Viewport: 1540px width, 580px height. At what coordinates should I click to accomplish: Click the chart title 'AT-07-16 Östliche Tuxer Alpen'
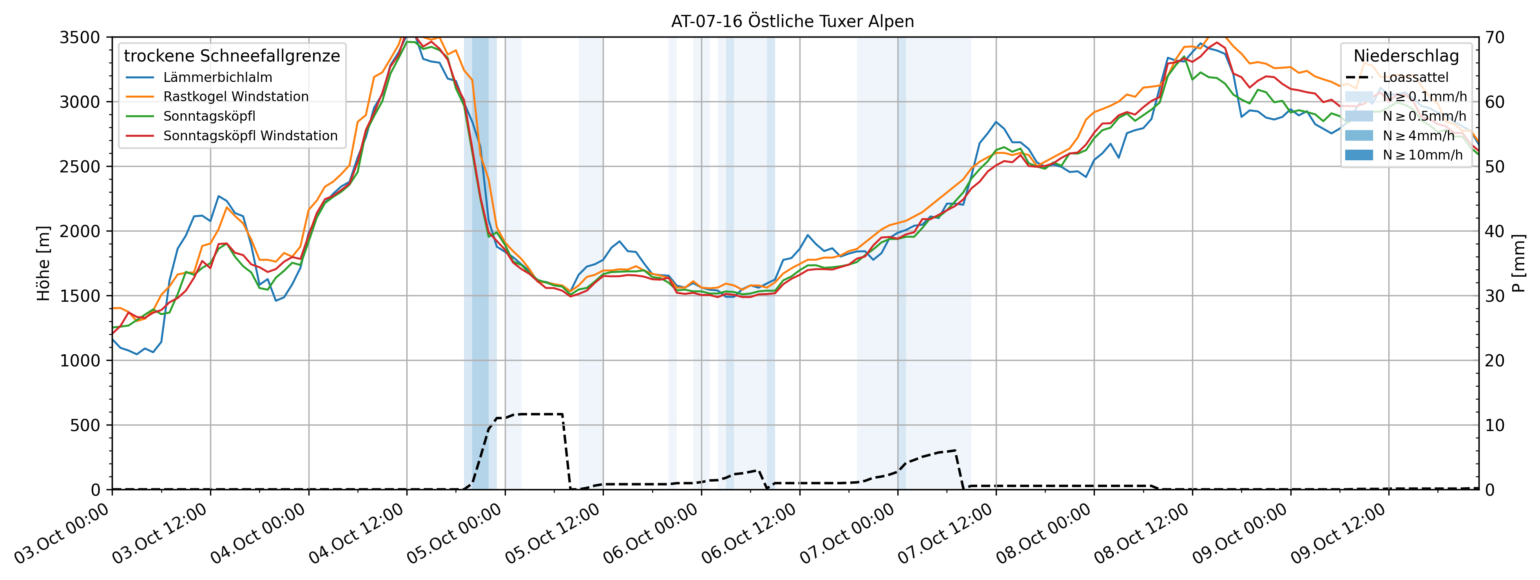(x=792, y=22)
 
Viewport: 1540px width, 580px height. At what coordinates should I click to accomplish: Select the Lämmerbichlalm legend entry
(x=217, y=77)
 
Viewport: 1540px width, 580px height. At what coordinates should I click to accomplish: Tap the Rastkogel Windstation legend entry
(x=236, y=96)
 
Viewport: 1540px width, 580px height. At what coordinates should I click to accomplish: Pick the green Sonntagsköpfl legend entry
(x=209, y=116)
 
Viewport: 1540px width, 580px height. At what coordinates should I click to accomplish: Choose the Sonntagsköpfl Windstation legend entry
(x=250, y=136)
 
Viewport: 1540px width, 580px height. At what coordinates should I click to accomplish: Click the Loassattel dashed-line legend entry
(x=1415, y=77)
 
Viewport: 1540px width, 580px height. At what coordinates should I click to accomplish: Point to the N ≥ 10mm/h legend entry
(x=1422, y=155)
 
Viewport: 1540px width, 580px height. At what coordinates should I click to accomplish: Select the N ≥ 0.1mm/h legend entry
(x=1424, y=97)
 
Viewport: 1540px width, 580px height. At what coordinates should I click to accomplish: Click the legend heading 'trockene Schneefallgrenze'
(x=232, y=56)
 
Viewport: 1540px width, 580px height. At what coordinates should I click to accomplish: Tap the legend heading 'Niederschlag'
(x=1406, y=56)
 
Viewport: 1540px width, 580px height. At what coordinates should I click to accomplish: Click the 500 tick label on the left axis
(x=87, y=425)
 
